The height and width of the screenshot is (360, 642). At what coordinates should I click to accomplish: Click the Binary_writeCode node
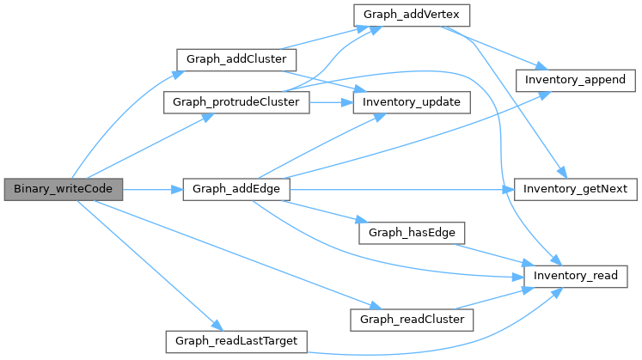click(63, 188)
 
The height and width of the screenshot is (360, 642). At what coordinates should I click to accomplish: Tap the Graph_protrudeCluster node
click(236, 102)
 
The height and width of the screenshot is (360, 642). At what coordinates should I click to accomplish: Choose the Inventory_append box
click(575, 79)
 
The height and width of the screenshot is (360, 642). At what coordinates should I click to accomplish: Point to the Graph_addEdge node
click(232, 188)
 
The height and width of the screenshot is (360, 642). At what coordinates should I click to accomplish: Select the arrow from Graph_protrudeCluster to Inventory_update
click(332, 102)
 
